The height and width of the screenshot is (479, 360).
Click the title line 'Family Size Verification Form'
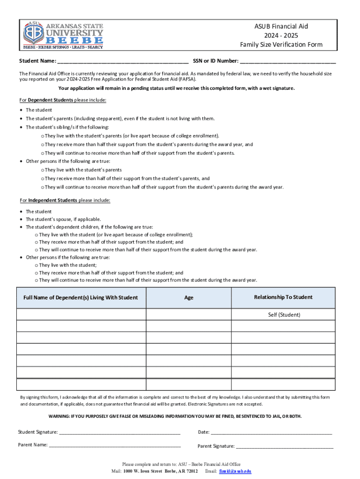pyautogui.click(x=281, y=45)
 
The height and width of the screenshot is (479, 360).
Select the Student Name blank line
pyautogui.click(x=123, y=61)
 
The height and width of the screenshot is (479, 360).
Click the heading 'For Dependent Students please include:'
pyautogui.click(x=63, y=100)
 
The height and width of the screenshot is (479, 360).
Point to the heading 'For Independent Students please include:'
pyautogui.click(x=65, y=200)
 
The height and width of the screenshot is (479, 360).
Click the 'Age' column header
pyautogui.click(x=189, y=298)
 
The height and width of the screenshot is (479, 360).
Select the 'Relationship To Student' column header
pyautogui.click(x=283, y=298)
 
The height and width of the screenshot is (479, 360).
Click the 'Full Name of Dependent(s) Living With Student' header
pyautogui.click(x=81, y=298)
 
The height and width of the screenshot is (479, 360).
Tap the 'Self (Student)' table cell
pyautogui.click(x=284, y=315)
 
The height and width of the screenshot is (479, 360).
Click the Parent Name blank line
pyautogui.click(x=115, y=445)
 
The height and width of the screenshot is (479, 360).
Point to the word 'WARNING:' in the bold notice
pyautogui.click(x=60, y=416)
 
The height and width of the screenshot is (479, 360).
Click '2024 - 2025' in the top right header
pyautogui.click(x=281, y=36)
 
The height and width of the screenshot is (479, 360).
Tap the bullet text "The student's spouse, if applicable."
pyautogui.click(x=63, y=219)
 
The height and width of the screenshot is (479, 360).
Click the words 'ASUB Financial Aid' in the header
pyautogui.click(x=281, y=27)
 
